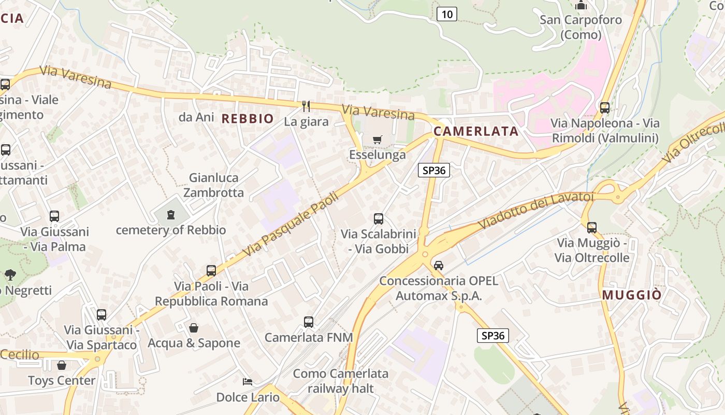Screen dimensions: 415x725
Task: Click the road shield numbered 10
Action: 446,14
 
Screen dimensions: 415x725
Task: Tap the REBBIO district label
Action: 248,119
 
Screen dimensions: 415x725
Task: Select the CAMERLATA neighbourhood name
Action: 476,131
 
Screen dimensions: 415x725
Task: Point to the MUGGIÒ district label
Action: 631,295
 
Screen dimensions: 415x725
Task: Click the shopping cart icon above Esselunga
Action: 377,140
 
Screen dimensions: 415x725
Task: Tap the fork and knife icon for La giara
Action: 306,106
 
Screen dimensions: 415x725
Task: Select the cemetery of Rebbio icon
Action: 170,215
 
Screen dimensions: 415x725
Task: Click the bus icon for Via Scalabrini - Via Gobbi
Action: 379,219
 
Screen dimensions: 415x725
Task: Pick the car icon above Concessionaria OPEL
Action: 439,265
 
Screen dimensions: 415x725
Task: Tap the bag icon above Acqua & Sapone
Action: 194,328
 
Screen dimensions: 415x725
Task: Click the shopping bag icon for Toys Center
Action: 62,365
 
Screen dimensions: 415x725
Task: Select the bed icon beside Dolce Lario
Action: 248,382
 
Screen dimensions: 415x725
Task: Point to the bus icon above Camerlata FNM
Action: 309,322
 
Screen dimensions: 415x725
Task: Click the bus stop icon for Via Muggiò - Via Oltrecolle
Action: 592,227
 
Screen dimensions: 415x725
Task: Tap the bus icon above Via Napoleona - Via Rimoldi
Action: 604,108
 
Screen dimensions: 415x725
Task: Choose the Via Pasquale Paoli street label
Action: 290,224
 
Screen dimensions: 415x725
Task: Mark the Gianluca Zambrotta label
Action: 213,185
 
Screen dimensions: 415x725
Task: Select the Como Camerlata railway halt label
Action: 341,381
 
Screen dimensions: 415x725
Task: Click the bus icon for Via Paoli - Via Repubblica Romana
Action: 211,270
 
